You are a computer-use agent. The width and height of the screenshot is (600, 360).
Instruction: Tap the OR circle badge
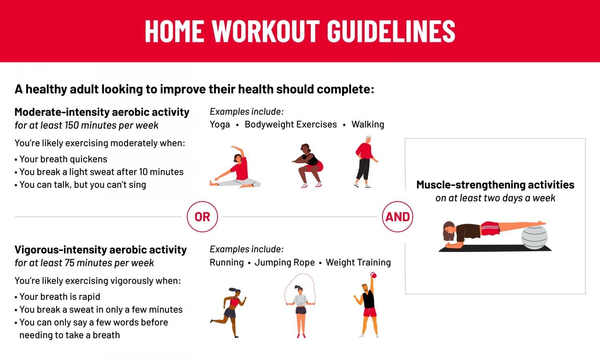click(x=202, y=217)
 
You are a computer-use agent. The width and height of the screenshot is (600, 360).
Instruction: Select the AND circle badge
click(x=397, y=217)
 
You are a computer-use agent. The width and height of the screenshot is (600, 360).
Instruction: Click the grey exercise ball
click(x=534, y=237)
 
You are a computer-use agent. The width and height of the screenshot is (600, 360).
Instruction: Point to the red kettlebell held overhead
click(x=374, y=275)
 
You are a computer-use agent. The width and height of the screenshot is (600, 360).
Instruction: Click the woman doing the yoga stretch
click(x=236, y=168)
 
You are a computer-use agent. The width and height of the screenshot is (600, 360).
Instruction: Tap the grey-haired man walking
click(x=364, y=162)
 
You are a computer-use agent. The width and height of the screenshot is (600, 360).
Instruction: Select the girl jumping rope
click(x=300, y=308)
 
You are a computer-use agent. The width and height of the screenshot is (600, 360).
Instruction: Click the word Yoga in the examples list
click(x=220, y=124)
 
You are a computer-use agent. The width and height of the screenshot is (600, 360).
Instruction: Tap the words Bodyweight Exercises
click(x=291, y=124)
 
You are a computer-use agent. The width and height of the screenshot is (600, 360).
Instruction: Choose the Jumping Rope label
click(x=284, y=262)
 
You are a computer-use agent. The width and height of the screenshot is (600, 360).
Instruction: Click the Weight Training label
click(x=358, y=262)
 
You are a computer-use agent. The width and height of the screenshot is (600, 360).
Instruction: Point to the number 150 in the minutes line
click(x=72, y=126)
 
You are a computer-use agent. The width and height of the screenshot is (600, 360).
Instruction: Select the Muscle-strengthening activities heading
click(x=495, y=185)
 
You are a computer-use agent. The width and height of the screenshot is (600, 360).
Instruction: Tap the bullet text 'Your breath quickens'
click(x=63, y=159)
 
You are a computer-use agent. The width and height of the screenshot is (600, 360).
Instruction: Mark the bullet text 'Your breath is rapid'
click(x=60, y=297)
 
